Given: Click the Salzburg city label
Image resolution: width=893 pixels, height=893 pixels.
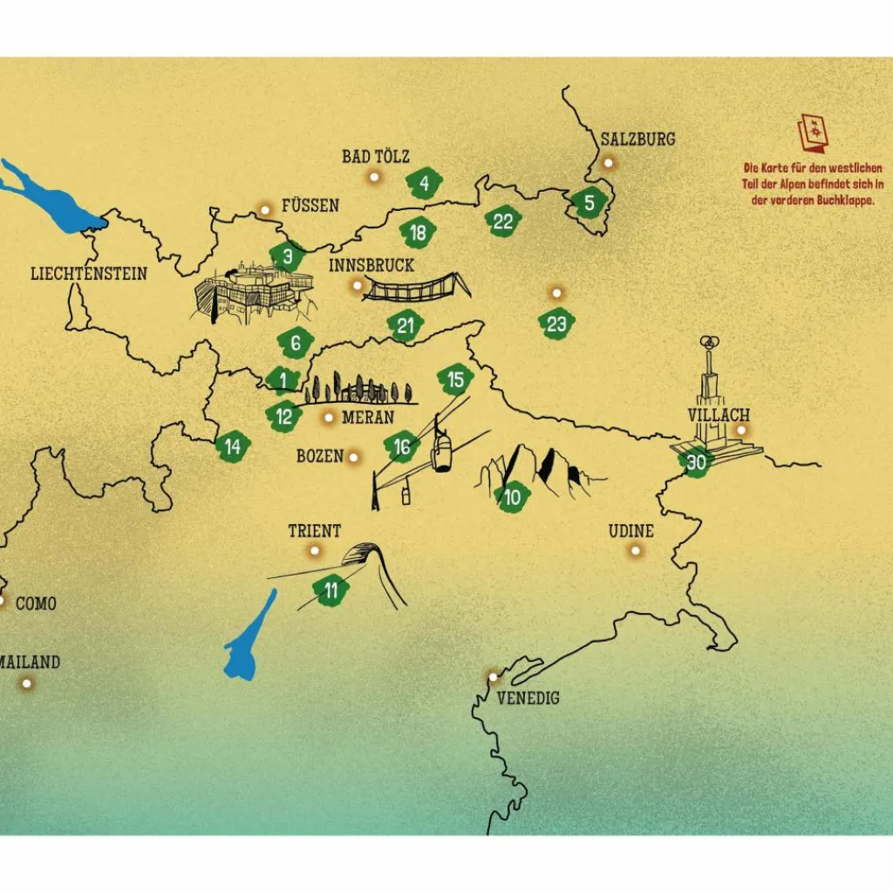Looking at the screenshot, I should (637, 139).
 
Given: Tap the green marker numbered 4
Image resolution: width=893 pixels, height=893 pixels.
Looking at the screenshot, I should (425, 183).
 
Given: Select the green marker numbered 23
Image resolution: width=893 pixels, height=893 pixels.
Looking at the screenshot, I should (556, 324).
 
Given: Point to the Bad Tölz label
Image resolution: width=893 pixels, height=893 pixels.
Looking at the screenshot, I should (375, 156).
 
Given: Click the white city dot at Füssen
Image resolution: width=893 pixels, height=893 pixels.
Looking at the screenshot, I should (265, 209).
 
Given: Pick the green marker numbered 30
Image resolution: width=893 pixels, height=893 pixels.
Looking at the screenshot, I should (696, 462).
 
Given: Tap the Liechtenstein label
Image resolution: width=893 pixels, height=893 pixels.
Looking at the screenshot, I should (89, 273).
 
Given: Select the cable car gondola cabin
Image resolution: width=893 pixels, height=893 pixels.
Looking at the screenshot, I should (443, 452).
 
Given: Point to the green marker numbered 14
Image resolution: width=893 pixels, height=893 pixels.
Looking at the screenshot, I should (233, 447).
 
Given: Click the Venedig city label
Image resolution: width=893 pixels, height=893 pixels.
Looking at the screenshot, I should (528, 698).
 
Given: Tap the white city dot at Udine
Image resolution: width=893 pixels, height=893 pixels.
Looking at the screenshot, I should (636, 550).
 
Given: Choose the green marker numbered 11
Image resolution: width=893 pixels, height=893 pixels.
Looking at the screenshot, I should (331, 590).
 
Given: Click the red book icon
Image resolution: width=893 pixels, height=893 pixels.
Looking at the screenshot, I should (813, 132).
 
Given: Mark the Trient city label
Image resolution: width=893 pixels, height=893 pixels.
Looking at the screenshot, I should (314, 530).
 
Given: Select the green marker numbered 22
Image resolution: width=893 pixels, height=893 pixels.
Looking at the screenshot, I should (503, 222).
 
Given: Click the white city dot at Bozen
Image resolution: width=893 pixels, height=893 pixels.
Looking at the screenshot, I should (353, 457).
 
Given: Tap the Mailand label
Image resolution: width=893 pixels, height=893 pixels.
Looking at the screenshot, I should (30, 662).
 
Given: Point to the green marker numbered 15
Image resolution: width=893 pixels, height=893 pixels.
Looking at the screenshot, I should (454, 379).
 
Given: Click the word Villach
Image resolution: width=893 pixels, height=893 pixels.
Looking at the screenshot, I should (718, 414).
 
